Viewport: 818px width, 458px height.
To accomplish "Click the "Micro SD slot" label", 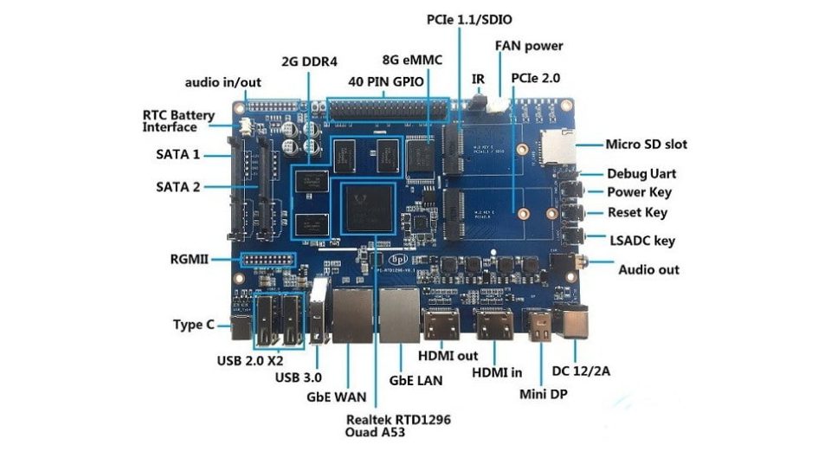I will point(647,145).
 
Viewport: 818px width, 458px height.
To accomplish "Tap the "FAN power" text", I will point(529,46).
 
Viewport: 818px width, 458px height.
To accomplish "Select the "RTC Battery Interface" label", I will point(179,121).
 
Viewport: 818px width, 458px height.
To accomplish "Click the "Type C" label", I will point(194,326).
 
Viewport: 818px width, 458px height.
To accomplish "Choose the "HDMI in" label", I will point(497,372).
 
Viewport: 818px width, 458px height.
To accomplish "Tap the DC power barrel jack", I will point(574,322).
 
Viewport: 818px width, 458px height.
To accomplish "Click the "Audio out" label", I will point(648,269).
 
